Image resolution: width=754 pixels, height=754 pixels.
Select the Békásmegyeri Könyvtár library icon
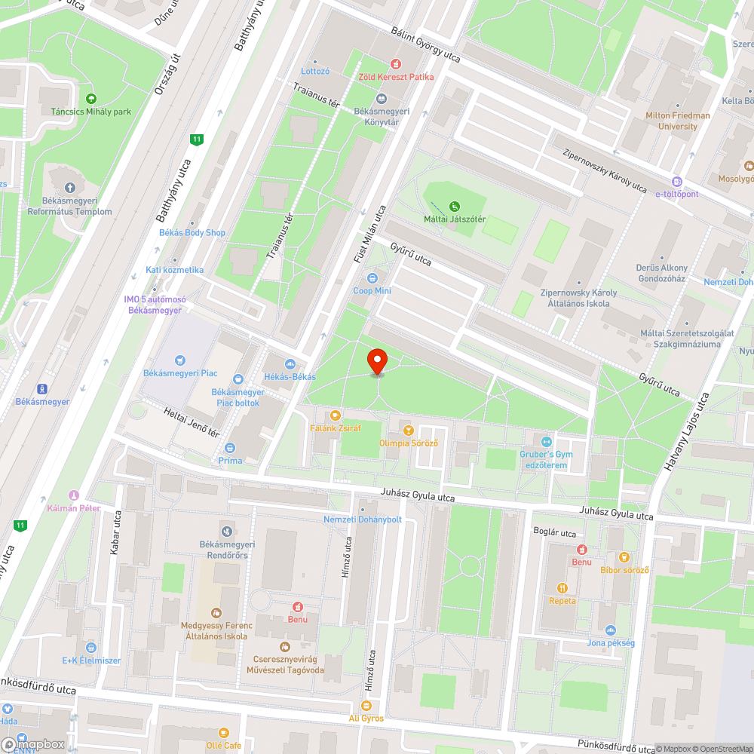pyautogui.click(x=381, y=99)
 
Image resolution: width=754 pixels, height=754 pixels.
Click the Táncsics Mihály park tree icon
pyautogui.click(x=91, y=99)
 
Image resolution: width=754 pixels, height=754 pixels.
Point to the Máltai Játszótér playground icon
pyautogui.click(x=454, y=206)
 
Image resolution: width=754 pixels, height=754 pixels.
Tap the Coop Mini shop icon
pyautogui.click(x=371, y=278)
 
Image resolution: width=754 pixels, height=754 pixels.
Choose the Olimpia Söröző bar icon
pyautogui.click(x=408, y=431)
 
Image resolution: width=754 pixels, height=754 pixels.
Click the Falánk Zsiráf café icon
pyautogui.click(x=336, y=415)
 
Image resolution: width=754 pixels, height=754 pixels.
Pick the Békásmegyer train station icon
pyautogui.click(x=42, y=389)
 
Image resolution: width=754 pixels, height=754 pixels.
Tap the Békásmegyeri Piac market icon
pyautogui.click(x=179, y=360)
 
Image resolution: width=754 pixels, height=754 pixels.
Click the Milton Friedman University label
pyautogui.click(x=677, y=121)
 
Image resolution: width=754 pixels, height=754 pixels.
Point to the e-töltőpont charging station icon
pyautogui.click(x=677, y=182)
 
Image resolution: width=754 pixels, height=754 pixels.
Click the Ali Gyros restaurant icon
pyautogui.click(x=366, y=706)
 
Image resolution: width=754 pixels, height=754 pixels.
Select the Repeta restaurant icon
pyautogui.click(x=562, y=588)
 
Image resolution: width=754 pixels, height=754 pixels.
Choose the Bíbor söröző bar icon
pyautogui.click(x=624, y=557)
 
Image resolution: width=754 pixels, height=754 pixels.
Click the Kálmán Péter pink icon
pyautogui.click(x=74, y=495)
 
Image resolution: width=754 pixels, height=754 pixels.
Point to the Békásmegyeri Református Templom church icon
pyautogui.click(x=70, y=188)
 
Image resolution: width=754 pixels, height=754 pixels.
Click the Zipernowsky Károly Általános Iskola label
pyautogui.click(x=578, y=298)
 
